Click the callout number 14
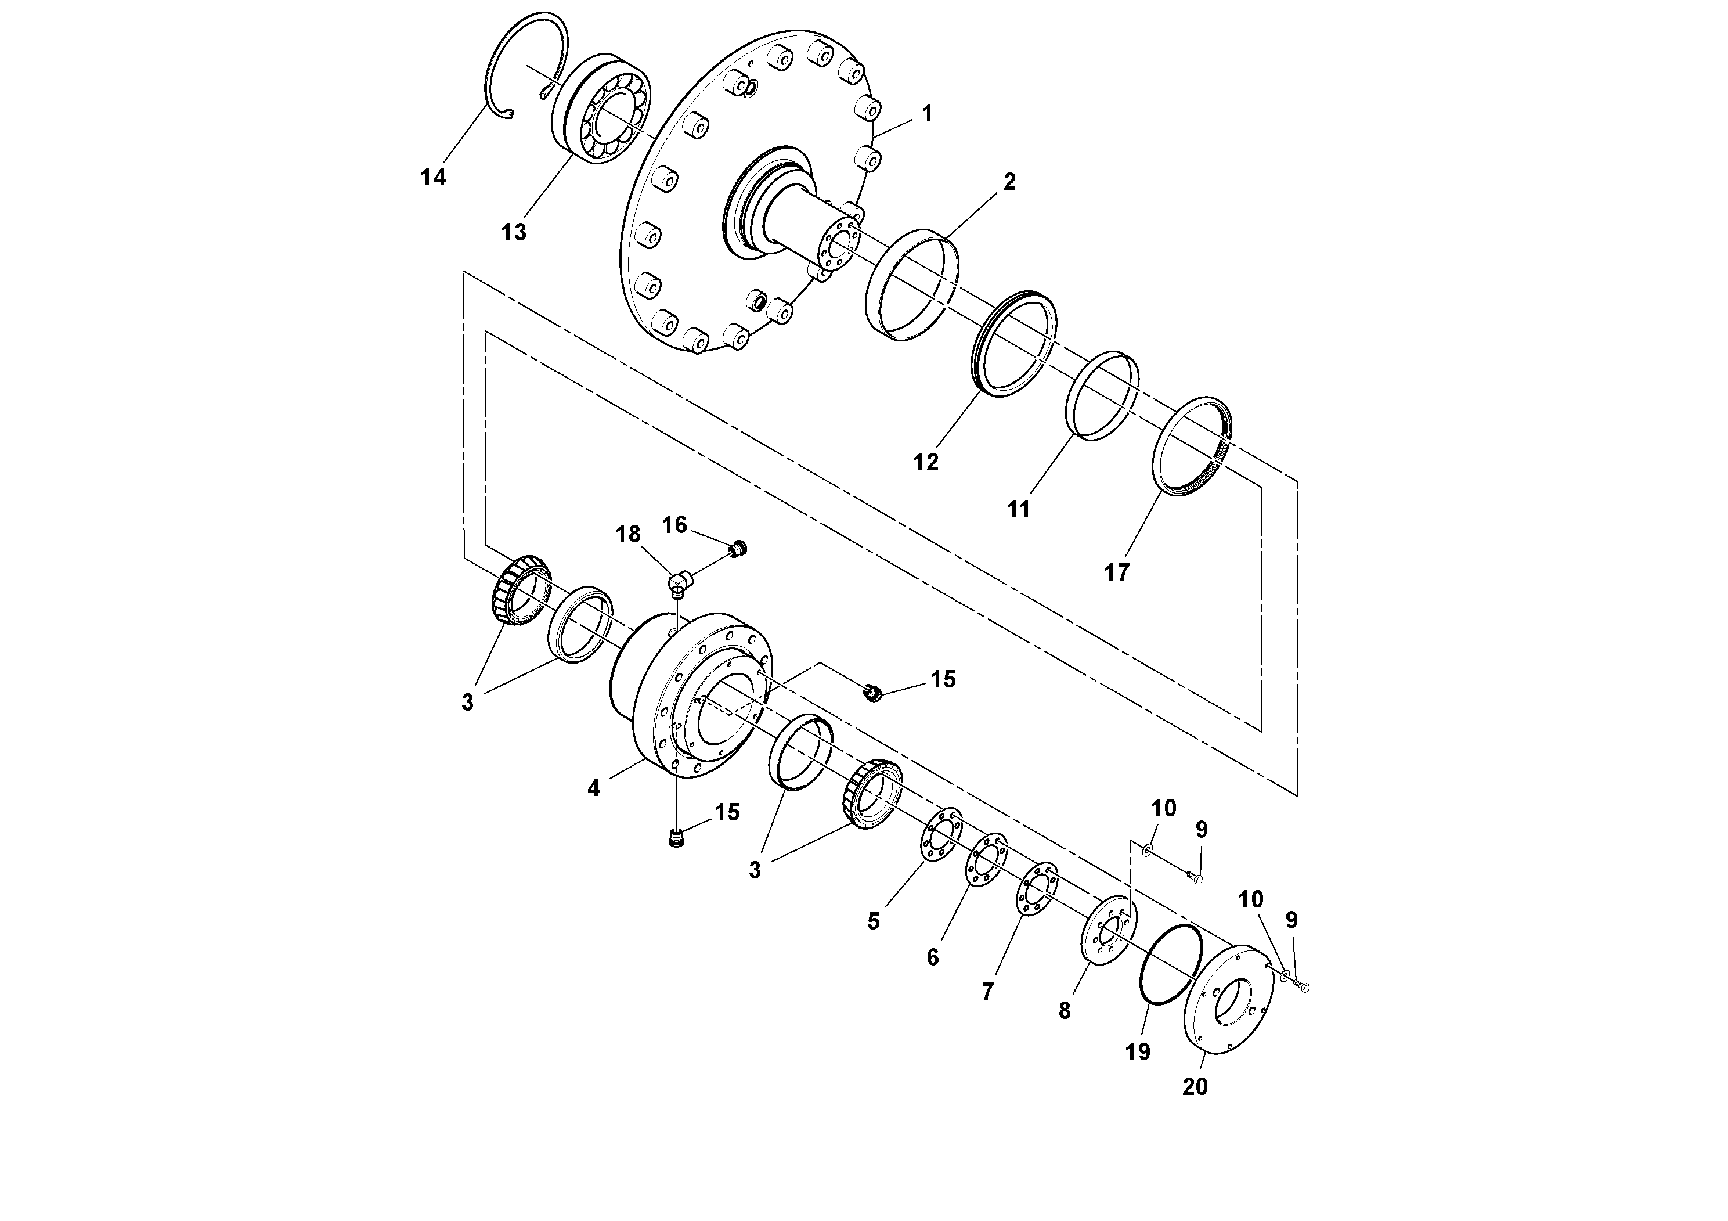434,178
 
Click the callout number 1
927,114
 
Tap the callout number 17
1117,573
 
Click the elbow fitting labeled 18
680,581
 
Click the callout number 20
1195,1087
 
